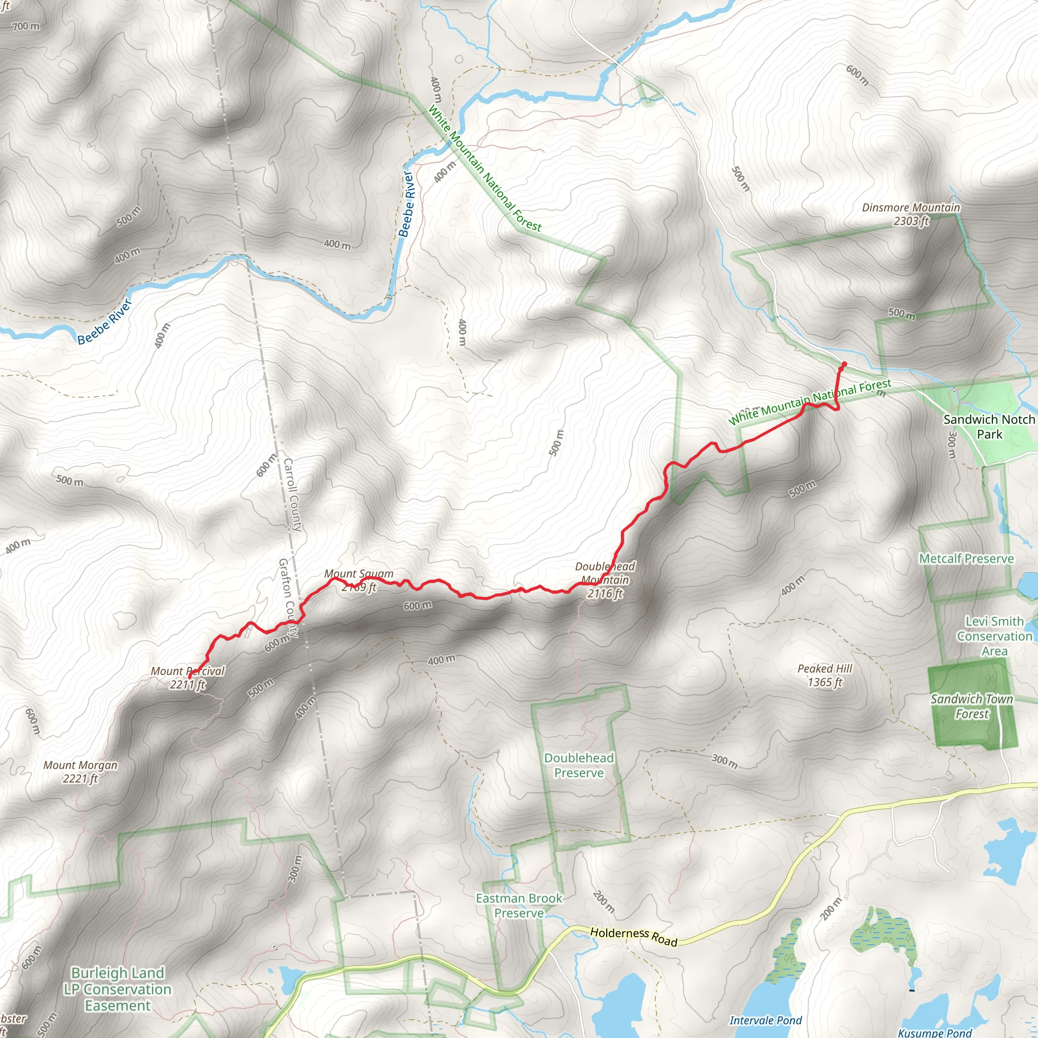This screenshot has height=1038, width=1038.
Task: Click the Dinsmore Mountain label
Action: click(911, 214)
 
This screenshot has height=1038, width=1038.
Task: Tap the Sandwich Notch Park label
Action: click(989, 427)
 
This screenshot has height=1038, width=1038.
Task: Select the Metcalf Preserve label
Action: click(967, 559)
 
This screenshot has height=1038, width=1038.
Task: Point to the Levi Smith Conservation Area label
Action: click(994, 636)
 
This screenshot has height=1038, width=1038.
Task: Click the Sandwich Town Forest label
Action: click(972, 707)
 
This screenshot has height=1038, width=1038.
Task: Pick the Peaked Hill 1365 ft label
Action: click(825, 675)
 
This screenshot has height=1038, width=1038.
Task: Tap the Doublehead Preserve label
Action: click(579, 765)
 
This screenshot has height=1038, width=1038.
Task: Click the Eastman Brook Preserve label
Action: click(519, 905)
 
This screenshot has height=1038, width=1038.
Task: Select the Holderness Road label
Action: click(634, 936)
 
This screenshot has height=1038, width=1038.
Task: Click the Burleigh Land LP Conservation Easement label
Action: click(118, 989)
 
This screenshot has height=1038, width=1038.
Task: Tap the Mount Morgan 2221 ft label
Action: click(81, 771)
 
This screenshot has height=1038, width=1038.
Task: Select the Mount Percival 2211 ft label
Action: click(188, 678)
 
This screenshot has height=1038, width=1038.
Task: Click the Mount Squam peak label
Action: click(359, 580)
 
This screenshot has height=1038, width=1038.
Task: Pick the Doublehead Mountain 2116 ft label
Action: click(605, 580)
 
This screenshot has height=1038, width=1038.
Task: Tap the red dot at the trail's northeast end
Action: click(844, 364)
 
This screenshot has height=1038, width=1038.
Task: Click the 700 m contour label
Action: click(25, 26)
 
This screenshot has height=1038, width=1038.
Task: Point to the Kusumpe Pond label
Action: click(934, 1032)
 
